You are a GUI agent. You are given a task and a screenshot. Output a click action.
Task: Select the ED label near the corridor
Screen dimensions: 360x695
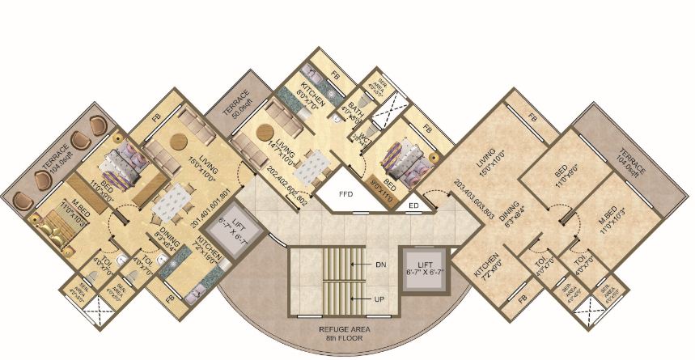coord(414,205)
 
